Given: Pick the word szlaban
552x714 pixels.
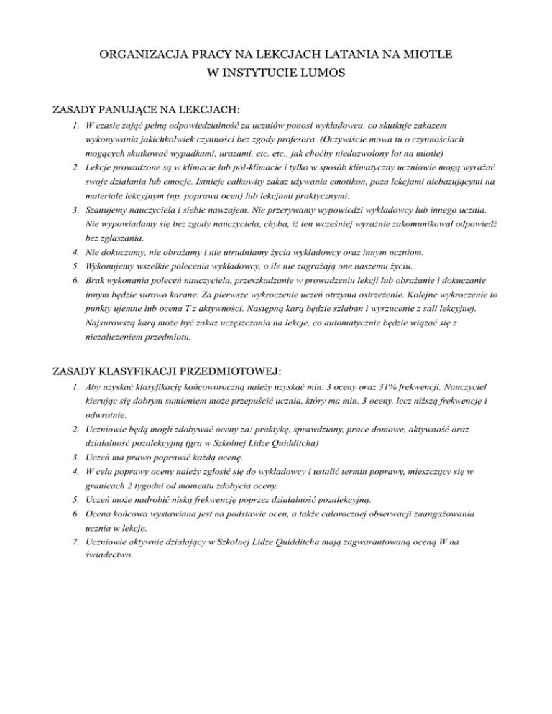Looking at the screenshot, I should point(362,308).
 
